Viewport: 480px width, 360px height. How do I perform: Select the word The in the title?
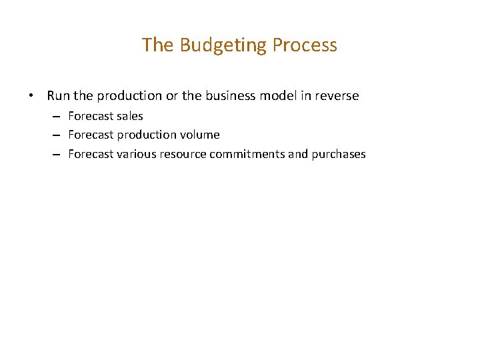(x=157, y=45)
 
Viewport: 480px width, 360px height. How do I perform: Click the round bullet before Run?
(x=32, y=96)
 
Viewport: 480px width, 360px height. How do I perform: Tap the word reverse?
(x=337, y=96)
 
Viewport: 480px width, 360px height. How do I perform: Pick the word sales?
(x=130, y=116)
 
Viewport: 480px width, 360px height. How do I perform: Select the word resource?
(x=183, y=154)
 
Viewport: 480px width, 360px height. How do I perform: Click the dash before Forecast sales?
(x=58, y=117)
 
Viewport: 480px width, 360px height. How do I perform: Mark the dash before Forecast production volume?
(x=58, y=135)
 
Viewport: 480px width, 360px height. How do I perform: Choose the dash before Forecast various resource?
(x=58, y=155)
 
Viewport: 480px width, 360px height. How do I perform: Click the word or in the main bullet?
(x=171, y=96)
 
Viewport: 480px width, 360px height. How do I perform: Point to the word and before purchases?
(x=298, y=154)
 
